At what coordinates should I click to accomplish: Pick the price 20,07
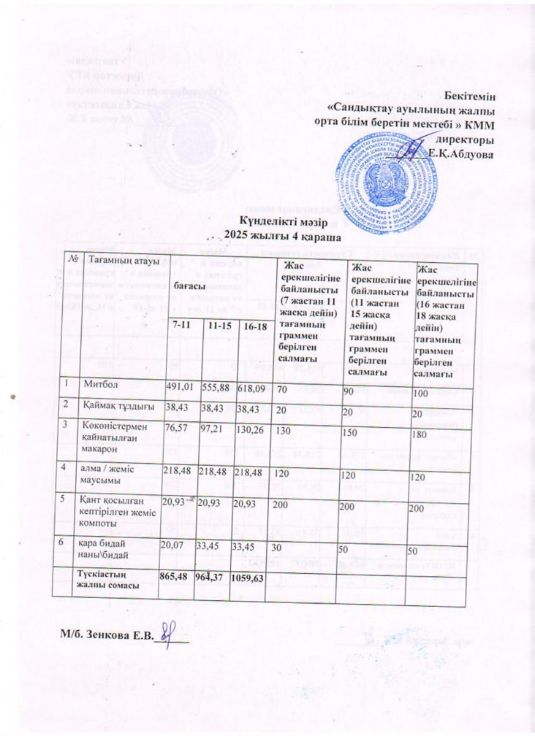(174, 543)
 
